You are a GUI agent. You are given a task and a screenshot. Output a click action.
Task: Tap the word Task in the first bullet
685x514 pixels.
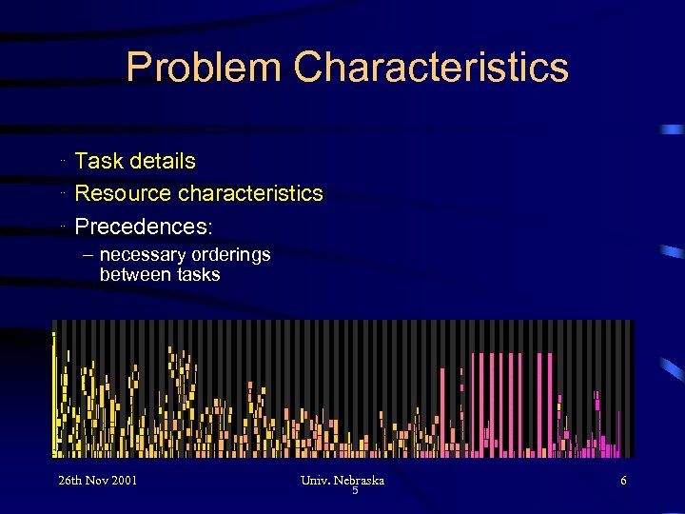click(97, 162)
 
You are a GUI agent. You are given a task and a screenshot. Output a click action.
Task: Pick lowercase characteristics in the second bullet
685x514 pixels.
click(251, 193)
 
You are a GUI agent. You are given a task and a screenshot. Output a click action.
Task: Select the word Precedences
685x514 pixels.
click(143, 227)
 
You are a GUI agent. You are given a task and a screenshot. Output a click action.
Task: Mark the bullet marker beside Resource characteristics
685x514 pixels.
click(61, 193)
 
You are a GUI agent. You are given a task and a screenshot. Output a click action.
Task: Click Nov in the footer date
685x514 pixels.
click(101, 481)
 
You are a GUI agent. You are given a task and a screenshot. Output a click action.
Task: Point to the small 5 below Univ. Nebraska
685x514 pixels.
click(355, 491)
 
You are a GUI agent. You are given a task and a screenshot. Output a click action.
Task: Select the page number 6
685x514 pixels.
click(623, 481)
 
